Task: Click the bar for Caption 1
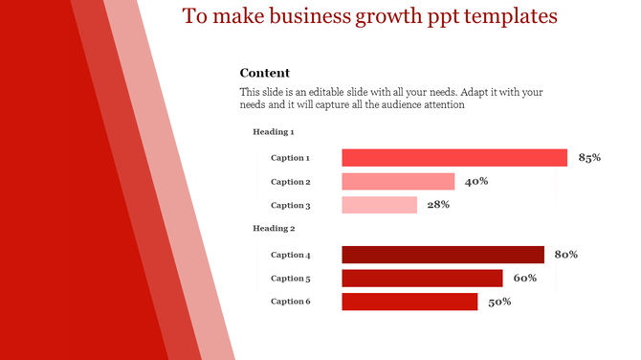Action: coord(454,158)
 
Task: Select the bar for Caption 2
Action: coord(398,182)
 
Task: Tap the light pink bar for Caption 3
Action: coord(379,205)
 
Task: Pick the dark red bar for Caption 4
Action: coord(443,255)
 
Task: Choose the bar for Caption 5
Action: coord(422,279)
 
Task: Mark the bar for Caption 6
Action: coord(409,303)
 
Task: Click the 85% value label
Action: coord(589,158)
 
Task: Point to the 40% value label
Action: coord(476,182)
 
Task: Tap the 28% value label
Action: coord(438,205)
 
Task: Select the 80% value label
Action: coord(565,255)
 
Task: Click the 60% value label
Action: coord(524,279)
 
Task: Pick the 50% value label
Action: coord(499,303)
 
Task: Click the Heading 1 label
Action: coord(273,132)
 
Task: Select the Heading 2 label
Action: coord(273,229)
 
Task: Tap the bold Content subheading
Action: coord(264,74)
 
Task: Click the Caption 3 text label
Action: coord(290,205)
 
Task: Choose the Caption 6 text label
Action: coord(290,303)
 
